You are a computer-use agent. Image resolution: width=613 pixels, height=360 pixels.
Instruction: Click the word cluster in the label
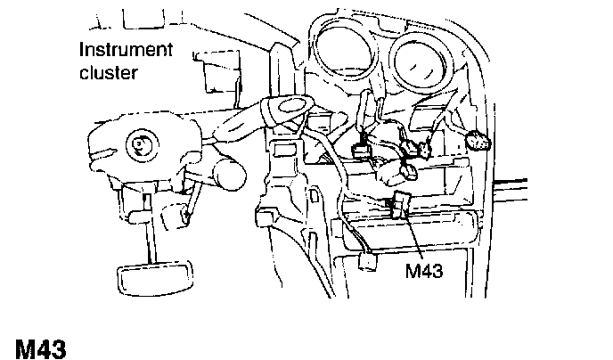click(x=109, y=71)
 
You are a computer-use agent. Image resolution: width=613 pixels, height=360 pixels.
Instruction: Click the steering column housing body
click(x=134, y=151)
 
